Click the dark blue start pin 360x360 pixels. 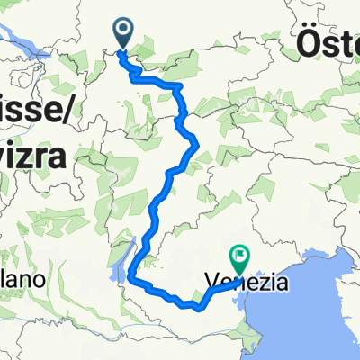(122, 32)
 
